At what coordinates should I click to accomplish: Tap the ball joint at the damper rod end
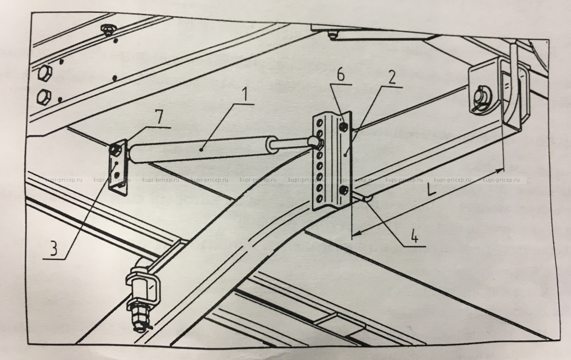point(314,140)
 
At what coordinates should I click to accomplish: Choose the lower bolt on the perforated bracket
point(343,190)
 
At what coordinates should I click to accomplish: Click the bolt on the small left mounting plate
point(115,151)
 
